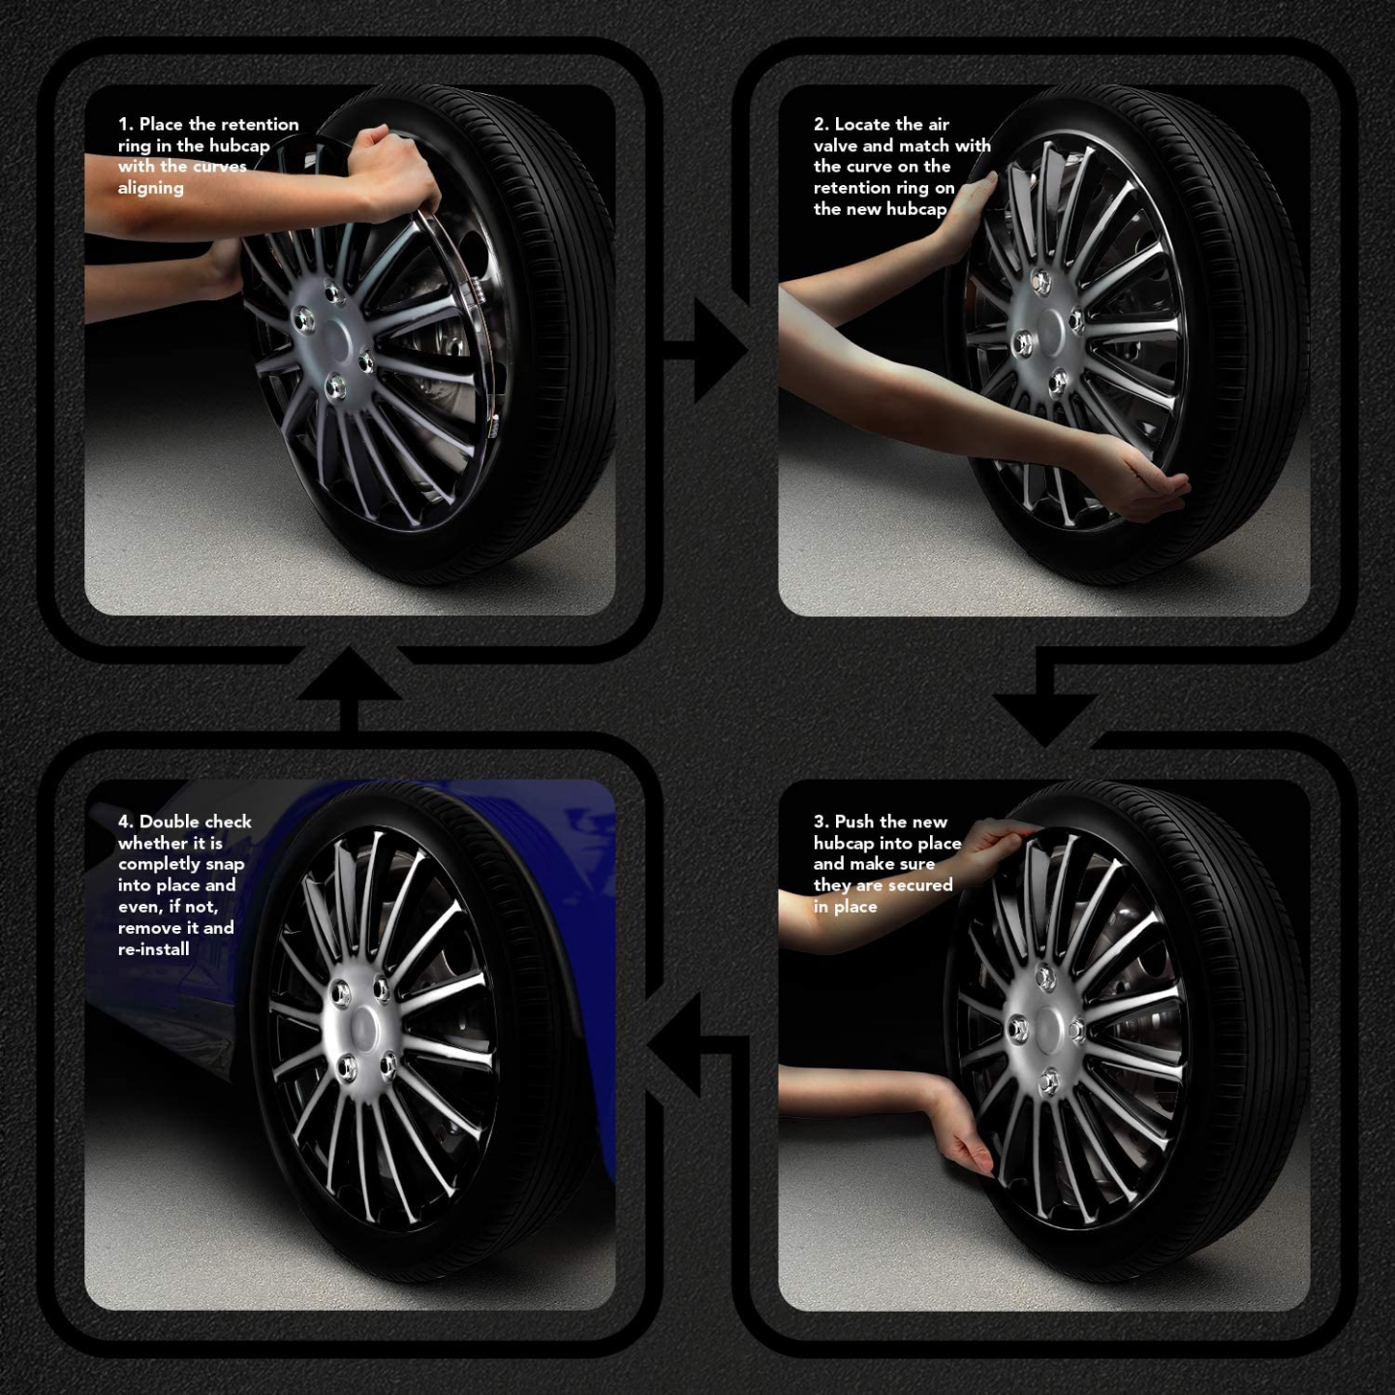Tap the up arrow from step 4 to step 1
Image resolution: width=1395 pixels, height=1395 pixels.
(350, 678)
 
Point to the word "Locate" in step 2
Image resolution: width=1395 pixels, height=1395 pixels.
(861, 124)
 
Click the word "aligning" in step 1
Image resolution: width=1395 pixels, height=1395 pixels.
(150, 188)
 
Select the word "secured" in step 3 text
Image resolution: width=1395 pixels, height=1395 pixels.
(920, 885)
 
